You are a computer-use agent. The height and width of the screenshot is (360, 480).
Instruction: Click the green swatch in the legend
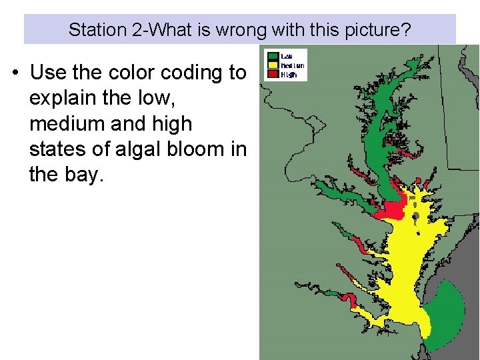click(x=273, y=56)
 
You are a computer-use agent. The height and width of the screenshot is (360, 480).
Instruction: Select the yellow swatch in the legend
click(x=273, y=65)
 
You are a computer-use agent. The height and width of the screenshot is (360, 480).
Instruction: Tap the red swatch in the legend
click(x=273, y=75)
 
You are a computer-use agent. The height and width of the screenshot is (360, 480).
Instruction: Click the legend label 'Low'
click(x=287, y=56)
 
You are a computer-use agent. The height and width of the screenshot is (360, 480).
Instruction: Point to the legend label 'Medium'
click(x=293, y=65)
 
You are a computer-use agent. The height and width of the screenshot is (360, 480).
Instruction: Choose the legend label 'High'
click(x=288, y=75)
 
